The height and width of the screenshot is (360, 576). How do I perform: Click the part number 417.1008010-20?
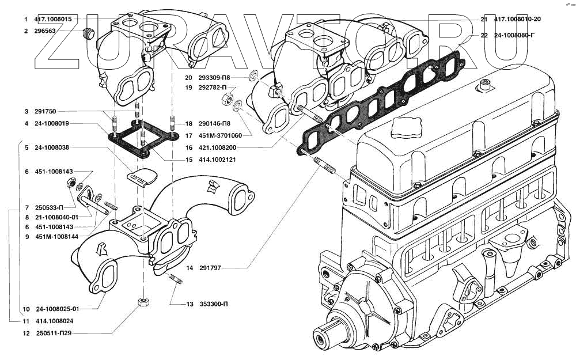[521, 19]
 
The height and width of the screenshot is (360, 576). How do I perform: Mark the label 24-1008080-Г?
[514, 35]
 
